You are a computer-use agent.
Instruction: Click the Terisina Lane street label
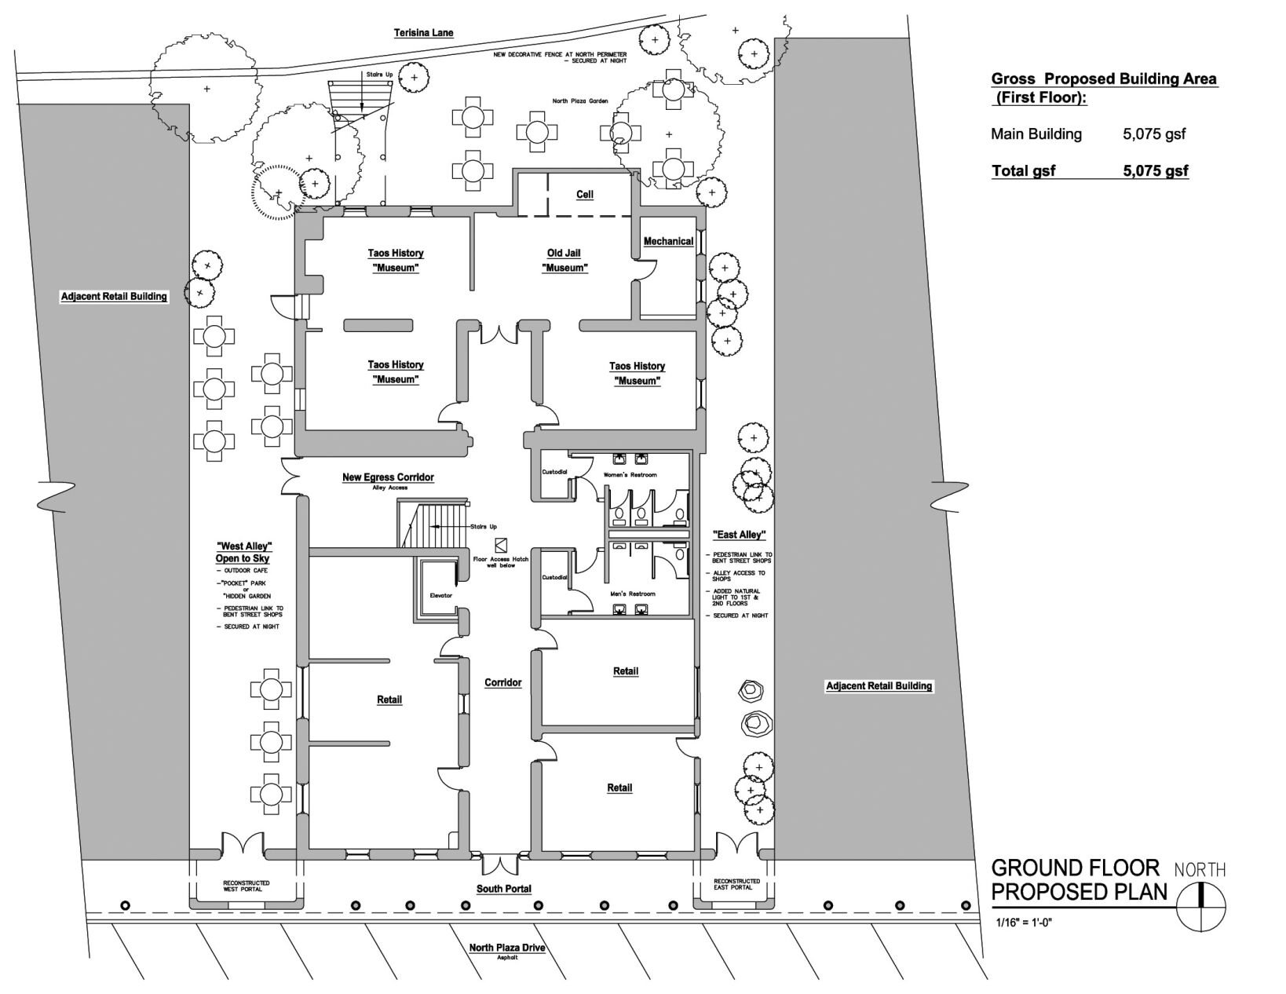(423, 33)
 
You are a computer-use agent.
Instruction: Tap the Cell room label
(584, 195)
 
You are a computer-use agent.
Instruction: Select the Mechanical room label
(668, 241)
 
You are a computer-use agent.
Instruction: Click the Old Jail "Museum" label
(564, 261)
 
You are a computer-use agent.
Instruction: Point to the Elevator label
(441, 596)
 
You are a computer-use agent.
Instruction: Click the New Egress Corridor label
(388, 477)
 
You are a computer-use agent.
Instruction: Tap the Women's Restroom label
(630, 475)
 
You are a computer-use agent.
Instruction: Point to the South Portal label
(504, 889)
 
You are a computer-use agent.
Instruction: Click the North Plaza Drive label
(506, 948)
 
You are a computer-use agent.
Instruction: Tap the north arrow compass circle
(1201, 906)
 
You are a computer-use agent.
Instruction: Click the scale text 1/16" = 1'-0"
(1022, 923)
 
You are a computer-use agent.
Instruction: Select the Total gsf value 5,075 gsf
(1155, 171)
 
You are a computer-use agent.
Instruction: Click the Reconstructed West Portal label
(246, 886)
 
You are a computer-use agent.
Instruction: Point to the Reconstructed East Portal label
(736, 884)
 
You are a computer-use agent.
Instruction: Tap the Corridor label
(502, 683)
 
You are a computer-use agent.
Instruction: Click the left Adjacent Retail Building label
(114, 297)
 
